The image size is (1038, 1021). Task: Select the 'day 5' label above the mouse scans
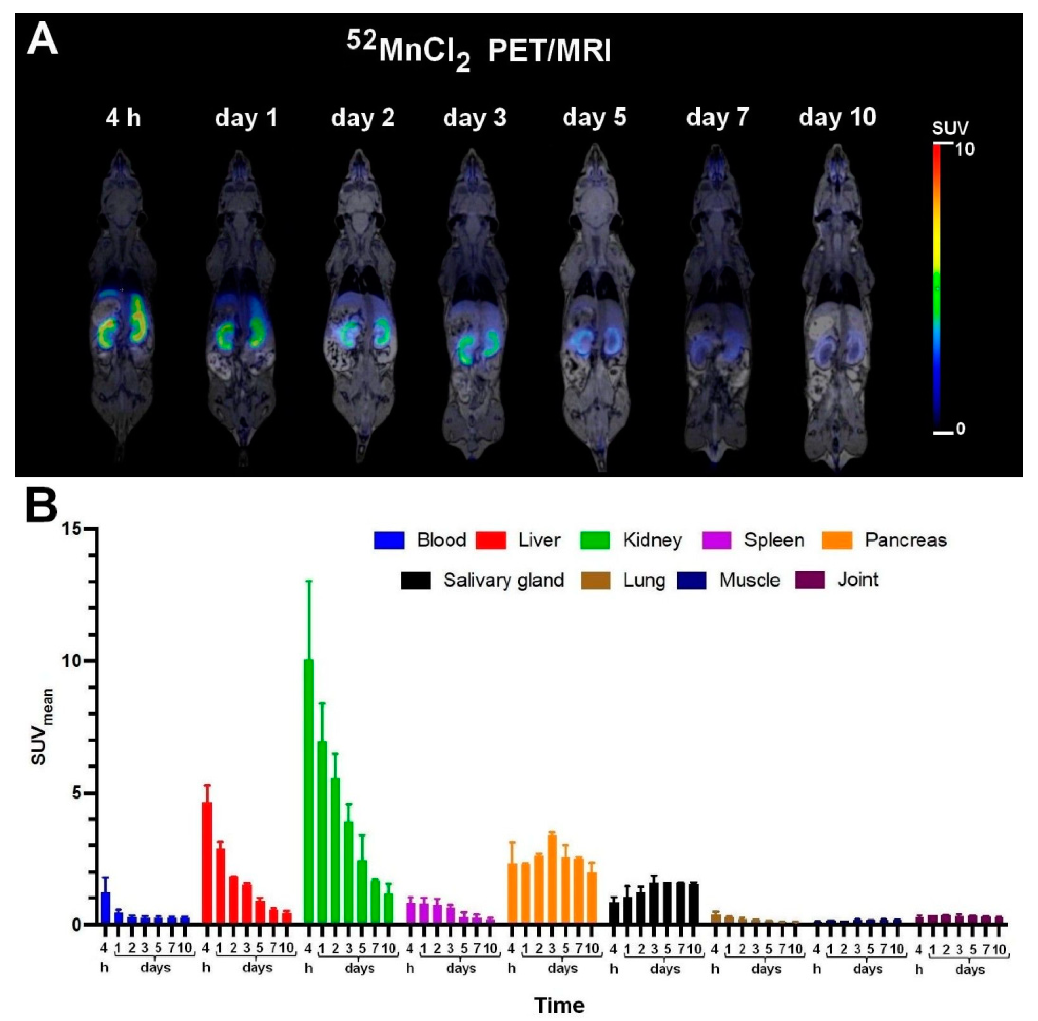pos(594,116)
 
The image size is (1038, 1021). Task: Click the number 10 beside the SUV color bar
pos(964,150)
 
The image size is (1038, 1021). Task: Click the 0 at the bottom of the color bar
pos(961,429)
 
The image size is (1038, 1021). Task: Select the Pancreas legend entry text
pos(905,540)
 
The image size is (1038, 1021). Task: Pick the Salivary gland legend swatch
pos(416,580)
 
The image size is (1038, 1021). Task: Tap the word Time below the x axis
pos(559,1004)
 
